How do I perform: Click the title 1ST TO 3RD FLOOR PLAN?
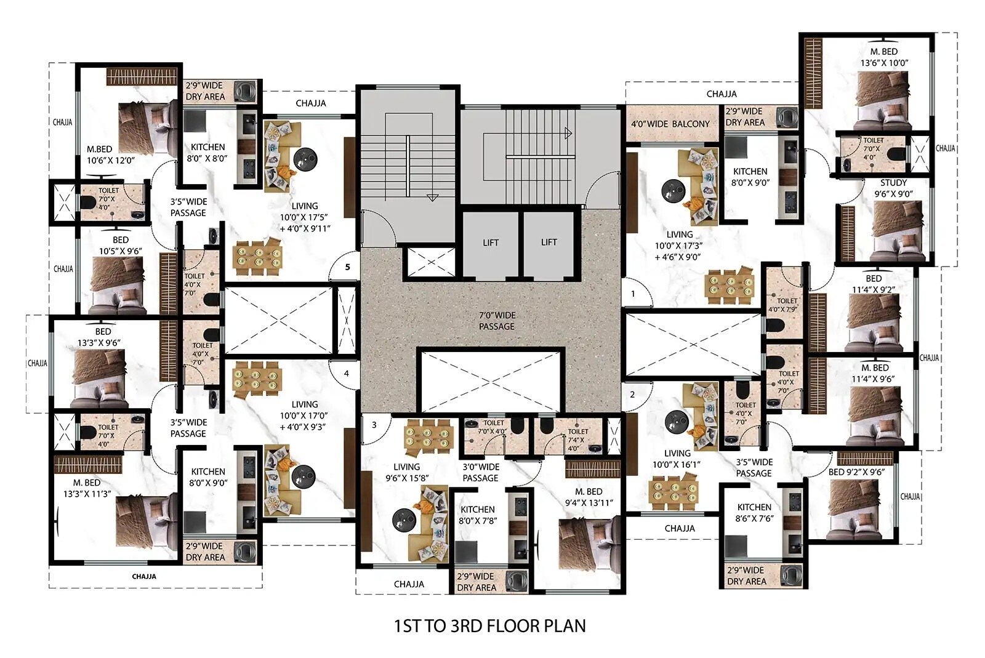tap(490, 625)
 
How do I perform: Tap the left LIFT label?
tap(491, 243)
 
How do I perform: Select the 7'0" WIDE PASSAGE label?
tap(497, 321)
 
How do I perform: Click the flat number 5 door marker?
tap(347, 267)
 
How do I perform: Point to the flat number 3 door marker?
tap(374, 425)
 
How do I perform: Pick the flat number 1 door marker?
tap(633, 294)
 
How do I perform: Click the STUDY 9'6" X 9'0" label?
tap(893, 188)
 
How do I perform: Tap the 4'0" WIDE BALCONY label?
tap(670, 124)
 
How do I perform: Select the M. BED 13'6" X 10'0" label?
tap(884, 57)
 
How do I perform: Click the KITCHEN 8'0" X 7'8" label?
tap(478, 515)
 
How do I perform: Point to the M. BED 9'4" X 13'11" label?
tap(589, 497)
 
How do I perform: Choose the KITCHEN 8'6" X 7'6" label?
tap(754, 513)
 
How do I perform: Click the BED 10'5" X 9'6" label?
tap(121, 245)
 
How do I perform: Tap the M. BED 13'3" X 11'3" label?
tap(87, 488)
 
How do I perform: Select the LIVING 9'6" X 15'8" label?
tap(407, 473)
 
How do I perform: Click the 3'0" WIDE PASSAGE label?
tap(481, 473)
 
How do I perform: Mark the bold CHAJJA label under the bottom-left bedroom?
tap(144, 576)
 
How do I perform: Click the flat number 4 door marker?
tap(347, 374)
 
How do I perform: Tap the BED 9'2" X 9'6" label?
tap(856, 472)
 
